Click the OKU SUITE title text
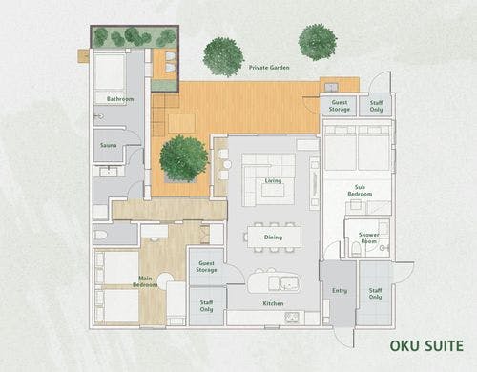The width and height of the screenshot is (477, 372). click(425, 345)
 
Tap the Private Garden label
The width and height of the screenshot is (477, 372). click(268, 68)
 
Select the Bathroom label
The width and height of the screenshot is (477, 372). click(120, 99)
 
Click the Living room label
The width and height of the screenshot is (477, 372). click(273, 179)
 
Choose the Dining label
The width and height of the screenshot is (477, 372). click(274, 238)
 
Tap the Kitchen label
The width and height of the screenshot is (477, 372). click(273, 303)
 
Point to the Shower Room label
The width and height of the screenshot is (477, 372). click(368, 237)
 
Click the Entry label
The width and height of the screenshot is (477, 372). click(340, 291)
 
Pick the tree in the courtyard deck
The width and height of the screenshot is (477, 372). click(183, 157)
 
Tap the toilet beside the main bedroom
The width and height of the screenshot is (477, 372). click(102, 234)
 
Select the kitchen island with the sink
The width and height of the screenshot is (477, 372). click(273, 282)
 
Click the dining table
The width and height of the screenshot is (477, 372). click(274, 236)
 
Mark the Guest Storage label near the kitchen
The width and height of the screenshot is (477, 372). click(206, 267)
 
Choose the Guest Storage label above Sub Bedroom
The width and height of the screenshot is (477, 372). click(340, 106)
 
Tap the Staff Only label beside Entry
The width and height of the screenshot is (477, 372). click(375, 294)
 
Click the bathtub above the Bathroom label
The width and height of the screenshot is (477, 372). click(111, 72)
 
